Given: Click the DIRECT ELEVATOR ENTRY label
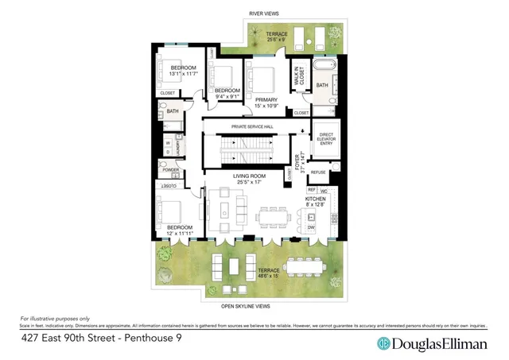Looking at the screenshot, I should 324,138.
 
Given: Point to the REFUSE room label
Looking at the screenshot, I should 319,172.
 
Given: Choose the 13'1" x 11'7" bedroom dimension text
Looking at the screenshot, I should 183,74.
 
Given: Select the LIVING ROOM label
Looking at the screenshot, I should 252,176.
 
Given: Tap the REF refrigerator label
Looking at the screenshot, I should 312,190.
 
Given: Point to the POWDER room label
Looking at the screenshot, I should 170,169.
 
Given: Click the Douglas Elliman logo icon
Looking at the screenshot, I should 383,343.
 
